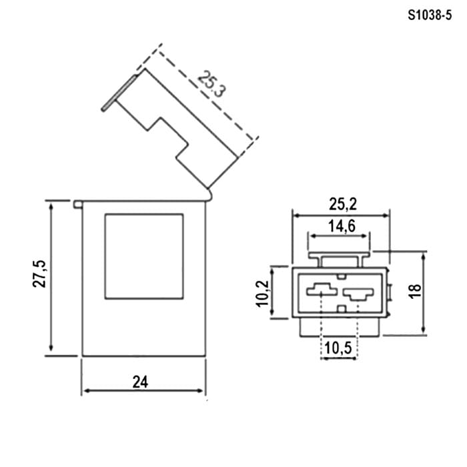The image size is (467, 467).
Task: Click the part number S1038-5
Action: [x=430, y=15]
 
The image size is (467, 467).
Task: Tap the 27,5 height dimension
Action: [x=39, y=274]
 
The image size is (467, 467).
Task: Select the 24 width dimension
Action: [x=140, y=382]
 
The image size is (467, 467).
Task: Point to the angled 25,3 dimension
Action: [x=211, y=83]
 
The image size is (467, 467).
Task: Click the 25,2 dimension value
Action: [x=343, y=204]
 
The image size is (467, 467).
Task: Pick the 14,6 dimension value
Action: [x=342, y=226]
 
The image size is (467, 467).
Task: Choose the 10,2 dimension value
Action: [x=262, y=294]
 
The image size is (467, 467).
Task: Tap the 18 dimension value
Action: [x=415, y=291]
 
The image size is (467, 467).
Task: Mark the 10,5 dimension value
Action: [x=338, y=348]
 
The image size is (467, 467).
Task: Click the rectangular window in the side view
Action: [x=144, y=256]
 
